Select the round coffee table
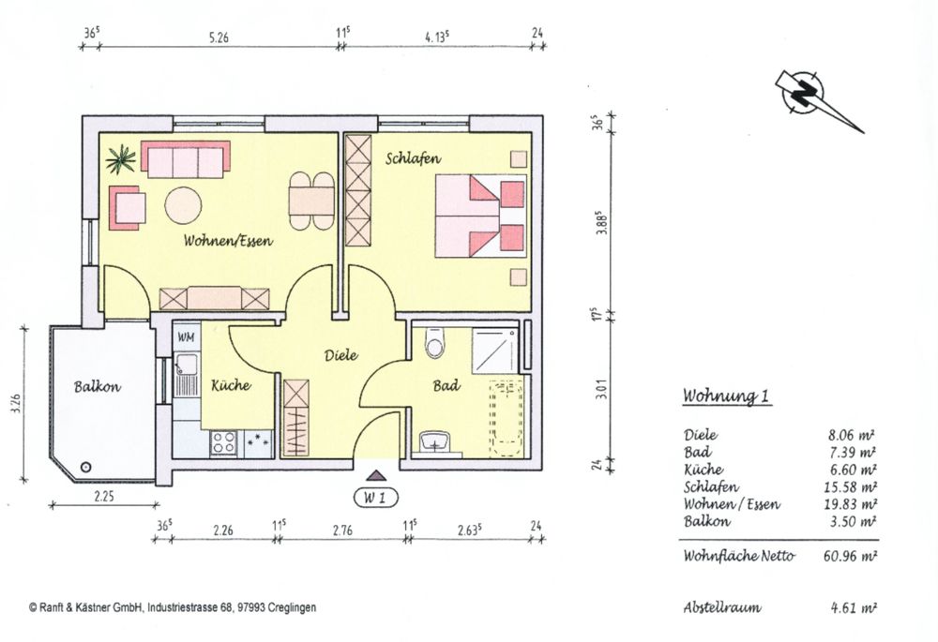pyautogui.click(x=183, y=204)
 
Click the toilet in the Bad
pyautogui.click(x=434, y=345)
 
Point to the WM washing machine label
pyautogui.click(x=186, y=336)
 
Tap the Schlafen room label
pyautogui.click(x=413, y=159)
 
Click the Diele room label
pyautogui.click(x=341, y=355)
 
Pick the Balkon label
pyautogui.click(x=98, y=385)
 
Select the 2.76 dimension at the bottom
pyautogui.click(x=341, y=530)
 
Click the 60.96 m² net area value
pyautogui.click(x=849, y=556)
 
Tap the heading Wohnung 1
pyautogui.click(x=727, y=396)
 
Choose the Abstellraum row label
pyautogui.click(x=722, y=607)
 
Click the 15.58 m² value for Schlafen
pyautogui.click(x=852, y=487)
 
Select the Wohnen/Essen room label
pyautogui.click(x=228, y=241)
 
